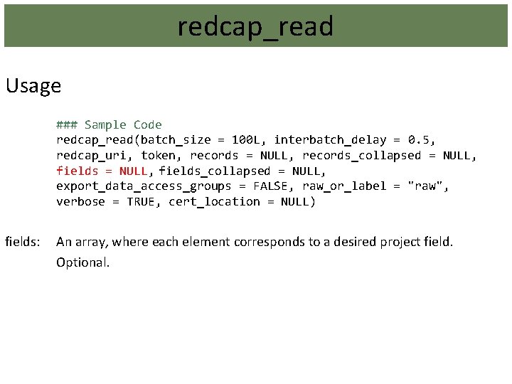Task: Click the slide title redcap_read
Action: pos(255,27)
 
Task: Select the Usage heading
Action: pos(33,86)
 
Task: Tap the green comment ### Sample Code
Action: pos(109,124)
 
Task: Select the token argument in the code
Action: pos(159,156)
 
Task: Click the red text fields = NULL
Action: pos(102,171)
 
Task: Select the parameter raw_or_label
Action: pos(344,186)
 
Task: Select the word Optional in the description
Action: pos(83,262)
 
